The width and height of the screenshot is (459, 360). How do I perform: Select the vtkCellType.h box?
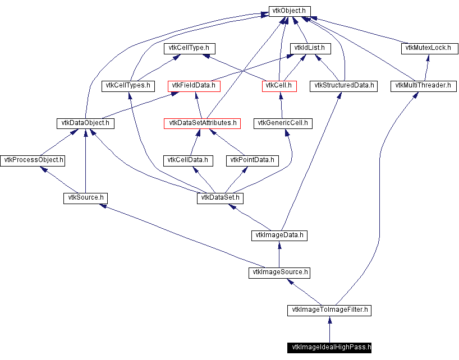[190, 48]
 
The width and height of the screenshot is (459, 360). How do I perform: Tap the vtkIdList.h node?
[309, 48]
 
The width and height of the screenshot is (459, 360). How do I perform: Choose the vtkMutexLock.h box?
[426, 48]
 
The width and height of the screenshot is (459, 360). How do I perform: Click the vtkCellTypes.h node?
[128, 86]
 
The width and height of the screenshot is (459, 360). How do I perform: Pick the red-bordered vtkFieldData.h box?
[194, 86]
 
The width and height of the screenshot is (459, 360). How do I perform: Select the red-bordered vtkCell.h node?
[279, 86]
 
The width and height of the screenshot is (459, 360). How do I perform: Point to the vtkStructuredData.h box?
[344, 86]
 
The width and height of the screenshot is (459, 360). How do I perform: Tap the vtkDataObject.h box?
[85, 123]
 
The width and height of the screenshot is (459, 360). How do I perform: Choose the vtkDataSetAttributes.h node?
[202, 123]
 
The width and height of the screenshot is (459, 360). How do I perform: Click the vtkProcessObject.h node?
[33, 160]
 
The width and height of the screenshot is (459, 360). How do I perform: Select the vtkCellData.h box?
[188, 160]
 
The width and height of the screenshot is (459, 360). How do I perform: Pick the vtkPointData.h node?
[253, 160]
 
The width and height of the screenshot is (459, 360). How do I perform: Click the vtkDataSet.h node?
[221, 198]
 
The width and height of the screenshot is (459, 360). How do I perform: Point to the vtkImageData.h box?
[279, 235]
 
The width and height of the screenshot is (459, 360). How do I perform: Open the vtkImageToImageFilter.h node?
[329, 310]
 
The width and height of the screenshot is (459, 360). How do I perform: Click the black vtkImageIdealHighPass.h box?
[329, 347]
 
